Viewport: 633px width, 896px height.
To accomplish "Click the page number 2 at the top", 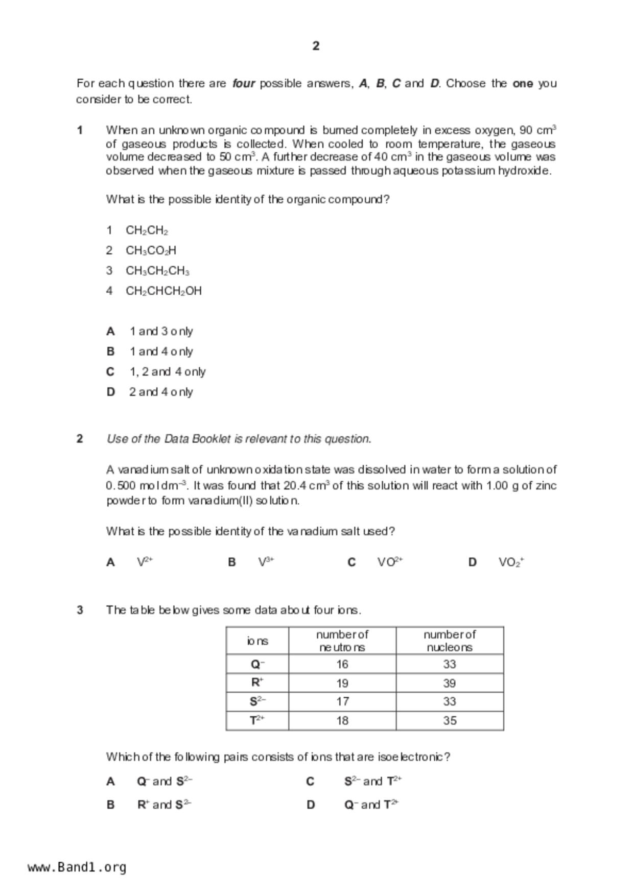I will [316, 46].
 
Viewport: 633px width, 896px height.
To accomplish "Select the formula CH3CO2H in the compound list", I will [151, 250].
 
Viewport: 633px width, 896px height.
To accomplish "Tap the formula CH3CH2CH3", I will [157, 271].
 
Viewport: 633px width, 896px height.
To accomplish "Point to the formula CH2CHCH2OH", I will [163, 291].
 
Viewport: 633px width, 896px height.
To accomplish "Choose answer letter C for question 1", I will [110, 372].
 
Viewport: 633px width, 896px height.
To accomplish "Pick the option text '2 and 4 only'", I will [161, 392].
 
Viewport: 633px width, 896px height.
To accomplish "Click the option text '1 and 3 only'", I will [161, 331].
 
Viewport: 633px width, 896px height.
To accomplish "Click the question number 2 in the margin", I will [80, 439].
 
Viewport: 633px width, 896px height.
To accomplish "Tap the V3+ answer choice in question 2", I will [266, 562].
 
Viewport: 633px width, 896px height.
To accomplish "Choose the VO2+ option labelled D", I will [511, 562].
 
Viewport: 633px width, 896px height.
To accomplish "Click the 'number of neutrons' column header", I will [342, 641].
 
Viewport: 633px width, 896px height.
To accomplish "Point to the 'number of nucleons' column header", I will [450, 641].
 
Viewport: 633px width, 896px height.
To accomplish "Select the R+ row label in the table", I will [257, 682].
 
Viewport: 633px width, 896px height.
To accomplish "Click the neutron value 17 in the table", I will [342, 701].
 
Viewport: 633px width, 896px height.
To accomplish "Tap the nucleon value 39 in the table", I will [450, 683].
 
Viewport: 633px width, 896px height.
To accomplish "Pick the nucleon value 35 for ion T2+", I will [450, 720].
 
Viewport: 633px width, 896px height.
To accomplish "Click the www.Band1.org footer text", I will [77, 867].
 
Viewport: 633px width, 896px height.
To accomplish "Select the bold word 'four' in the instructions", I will [244, 83].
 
